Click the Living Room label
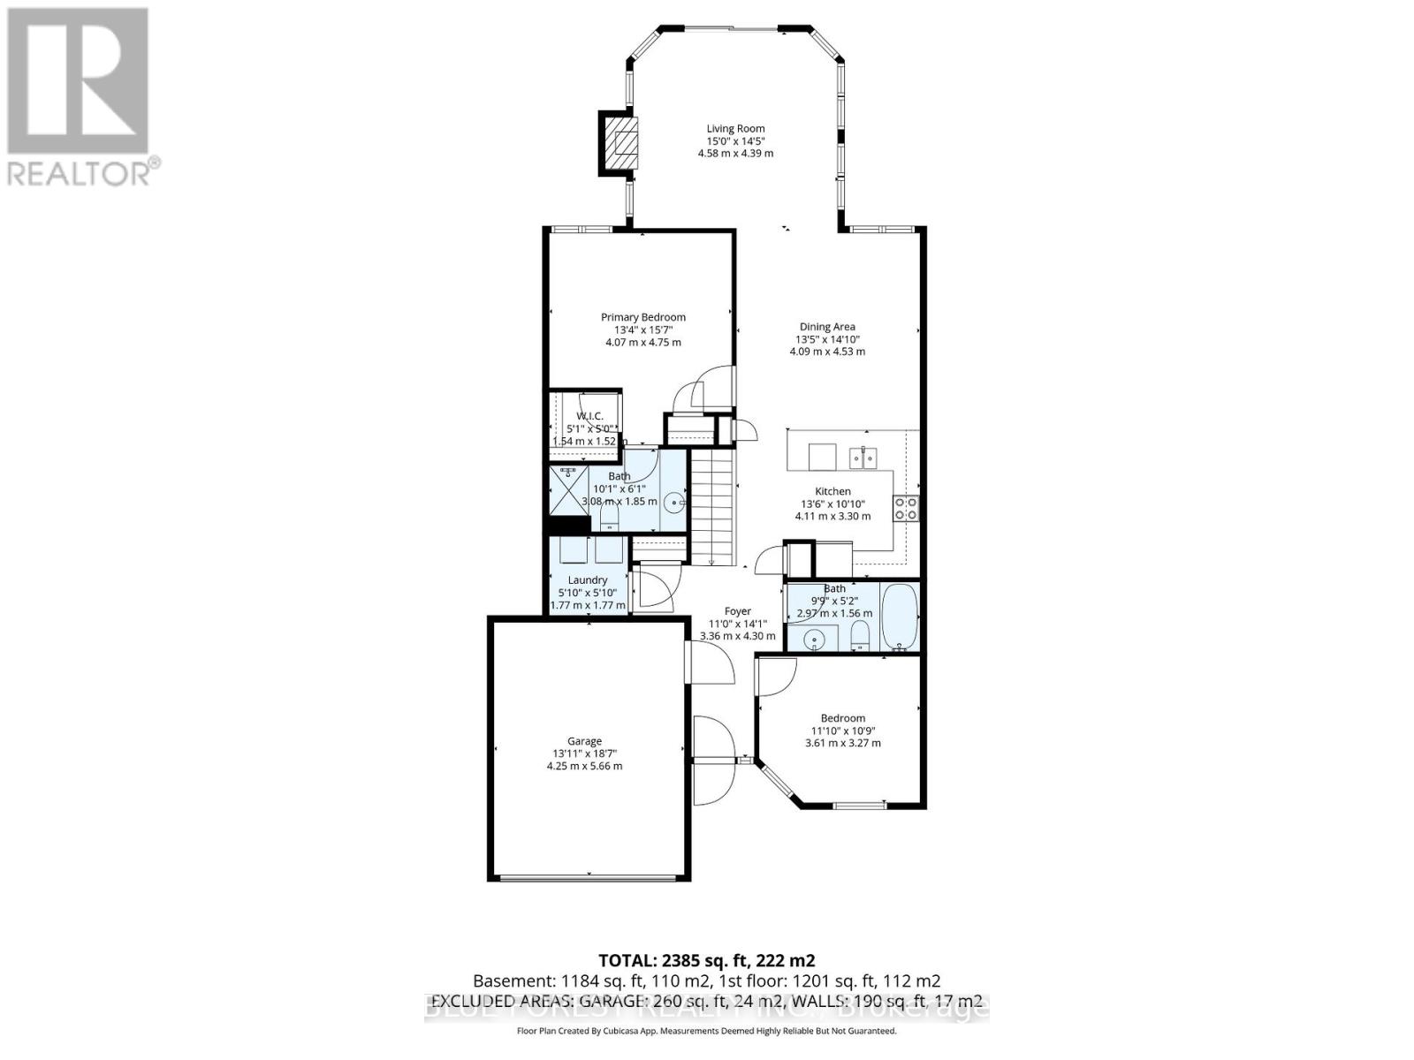click(x=735, y=128)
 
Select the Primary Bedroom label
click(x=643, y=317)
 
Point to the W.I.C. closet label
click(x=589, y=416)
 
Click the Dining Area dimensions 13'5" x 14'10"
click(x=827, y=339)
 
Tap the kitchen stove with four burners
click(x=906, y=508)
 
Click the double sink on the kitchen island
click(x=863, y=458)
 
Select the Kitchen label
click(x=832, y=491)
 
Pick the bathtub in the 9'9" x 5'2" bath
click(x=900, y=617)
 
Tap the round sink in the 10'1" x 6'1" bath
click(x=675, y=503)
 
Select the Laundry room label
click(x=588, y=580)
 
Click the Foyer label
click(x=738, y=611)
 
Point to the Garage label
click(x=584, y=741)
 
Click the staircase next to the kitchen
click(x=712, y=508)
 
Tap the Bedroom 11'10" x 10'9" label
click(x=842, y=718)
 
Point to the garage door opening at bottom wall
click(x=589, y=877)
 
